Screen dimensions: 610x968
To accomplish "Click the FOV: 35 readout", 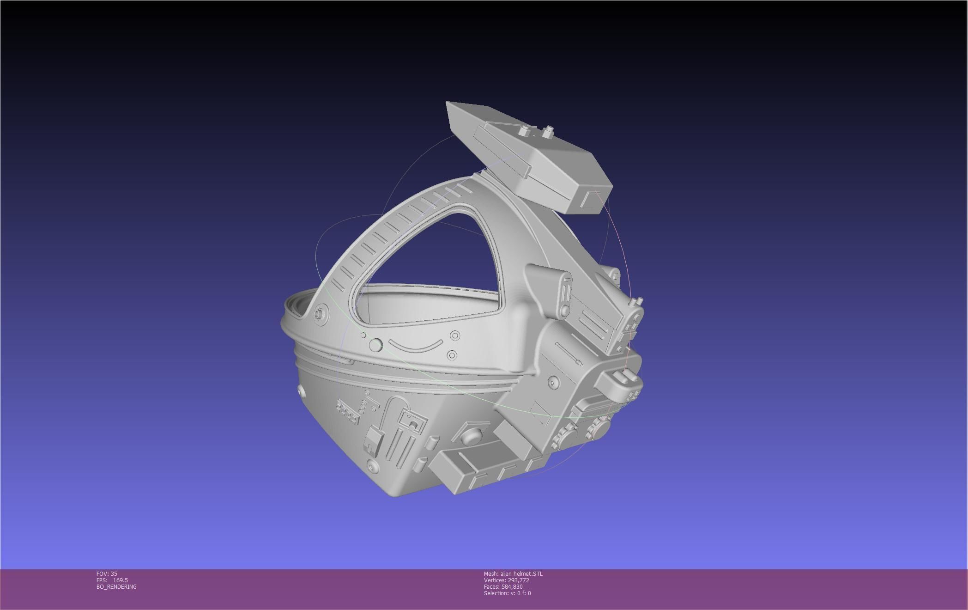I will (107, 573).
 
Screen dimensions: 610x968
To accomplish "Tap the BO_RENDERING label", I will (116, 586).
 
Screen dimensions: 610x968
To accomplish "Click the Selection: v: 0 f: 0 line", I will (507, 593).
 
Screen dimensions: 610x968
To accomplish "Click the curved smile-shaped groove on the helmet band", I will (415, 346).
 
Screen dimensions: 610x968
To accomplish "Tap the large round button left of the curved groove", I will (376, 345).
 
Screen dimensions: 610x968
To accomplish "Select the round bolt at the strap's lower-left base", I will (318, 314).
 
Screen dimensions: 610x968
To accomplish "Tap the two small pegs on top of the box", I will (536, 131).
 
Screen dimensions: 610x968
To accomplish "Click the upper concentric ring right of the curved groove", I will (455, 335).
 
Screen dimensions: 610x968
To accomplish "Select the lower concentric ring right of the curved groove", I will (452, 355).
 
